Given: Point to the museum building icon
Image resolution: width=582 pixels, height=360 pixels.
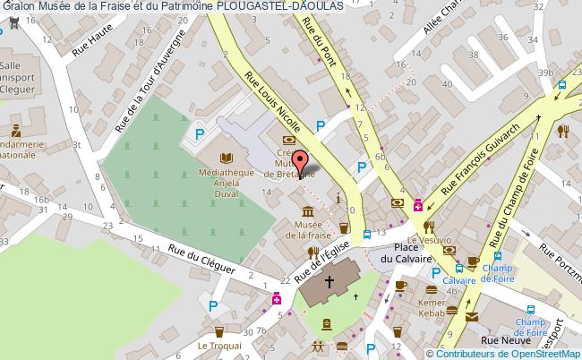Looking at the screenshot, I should click(x=309, y=211).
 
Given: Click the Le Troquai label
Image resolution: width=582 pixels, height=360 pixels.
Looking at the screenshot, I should click(x=215, y=347).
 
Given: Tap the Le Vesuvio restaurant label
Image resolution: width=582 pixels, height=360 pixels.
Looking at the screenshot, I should click(x=430, y=240).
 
